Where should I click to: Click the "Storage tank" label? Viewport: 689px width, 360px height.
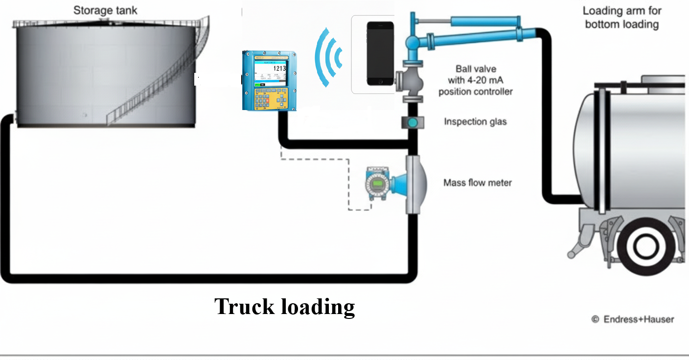point(106,10)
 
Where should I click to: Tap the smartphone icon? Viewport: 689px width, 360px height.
point(380,53)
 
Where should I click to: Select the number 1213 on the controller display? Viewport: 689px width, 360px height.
point(279,68)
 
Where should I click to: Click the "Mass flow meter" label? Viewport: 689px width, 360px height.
point(477,183)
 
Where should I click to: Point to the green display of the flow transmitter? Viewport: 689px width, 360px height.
point(377,184)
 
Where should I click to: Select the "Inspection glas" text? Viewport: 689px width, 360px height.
point(475,121)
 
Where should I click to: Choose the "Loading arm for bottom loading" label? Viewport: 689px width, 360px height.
point(622,18)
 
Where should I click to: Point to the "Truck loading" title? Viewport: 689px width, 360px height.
point(284,307)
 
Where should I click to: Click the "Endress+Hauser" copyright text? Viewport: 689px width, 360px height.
point(638,319)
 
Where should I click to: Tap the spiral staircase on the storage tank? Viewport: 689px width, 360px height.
point(157,83)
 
